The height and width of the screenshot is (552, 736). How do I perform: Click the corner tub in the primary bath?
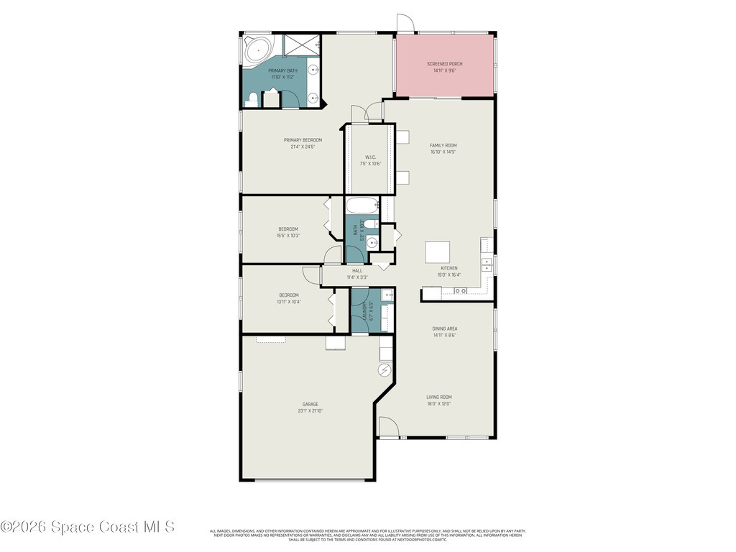coord(257,52)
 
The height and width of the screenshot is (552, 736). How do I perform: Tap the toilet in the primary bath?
coord(251,101)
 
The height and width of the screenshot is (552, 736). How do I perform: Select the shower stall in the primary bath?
coord(300,45)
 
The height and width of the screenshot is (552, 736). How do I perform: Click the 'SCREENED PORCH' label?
coord(444,64)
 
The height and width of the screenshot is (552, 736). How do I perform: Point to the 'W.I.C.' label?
coord(371,157)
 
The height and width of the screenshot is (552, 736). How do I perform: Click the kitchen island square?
coord(438,253)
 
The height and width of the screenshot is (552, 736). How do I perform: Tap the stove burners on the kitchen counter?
coord(459,290)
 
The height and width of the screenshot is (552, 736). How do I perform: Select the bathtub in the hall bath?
coord(361,206)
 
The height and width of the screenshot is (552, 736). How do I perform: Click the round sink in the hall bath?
coord(372,243)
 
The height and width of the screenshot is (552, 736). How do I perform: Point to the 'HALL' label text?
coord(356,270)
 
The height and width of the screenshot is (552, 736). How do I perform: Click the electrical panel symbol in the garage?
coord(385,370)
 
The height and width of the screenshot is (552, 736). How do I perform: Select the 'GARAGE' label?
coord(310,404)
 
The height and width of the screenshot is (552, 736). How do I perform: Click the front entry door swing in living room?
coord(389,429)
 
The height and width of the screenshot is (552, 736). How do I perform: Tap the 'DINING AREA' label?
coord(445,328)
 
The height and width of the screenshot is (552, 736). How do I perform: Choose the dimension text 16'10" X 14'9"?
coord(443,152)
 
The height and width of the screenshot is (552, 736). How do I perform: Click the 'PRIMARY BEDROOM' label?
coord(303,140)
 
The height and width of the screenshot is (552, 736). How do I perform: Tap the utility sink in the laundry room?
coord(387,295)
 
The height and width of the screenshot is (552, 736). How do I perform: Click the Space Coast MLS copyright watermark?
coord(88,527)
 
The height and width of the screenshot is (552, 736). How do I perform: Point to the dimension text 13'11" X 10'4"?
coord(288,301)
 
